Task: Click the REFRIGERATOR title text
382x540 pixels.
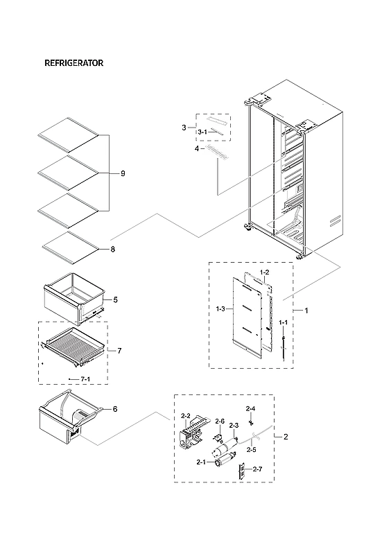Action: tap(73, 63)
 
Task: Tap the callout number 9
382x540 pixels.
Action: tap(123, 173)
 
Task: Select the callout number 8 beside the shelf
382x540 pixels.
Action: tap(112, 250)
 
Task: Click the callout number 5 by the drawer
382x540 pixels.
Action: tap(115, 299)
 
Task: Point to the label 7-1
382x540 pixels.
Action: tap(85, 379)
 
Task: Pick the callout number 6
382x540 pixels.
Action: tap(114, 409)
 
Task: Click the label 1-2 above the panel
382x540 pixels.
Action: tap(263, 272)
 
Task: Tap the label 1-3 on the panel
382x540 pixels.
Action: tap(221, 308)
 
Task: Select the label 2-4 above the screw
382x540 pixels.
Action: tap(250, 408)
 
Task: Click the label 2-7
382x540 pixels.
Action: tap(257, 470)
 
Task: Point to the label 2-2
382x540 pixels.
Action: tap(185, 416)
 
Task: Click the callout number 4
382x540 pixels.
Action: tap(196, 148)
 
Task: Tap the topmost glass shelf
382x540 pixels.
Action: tap(69, 133)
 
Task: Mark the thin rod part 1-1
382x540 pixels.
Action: tap(284, 347)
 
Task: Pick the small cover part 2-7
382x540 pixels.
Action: tap(243, 471)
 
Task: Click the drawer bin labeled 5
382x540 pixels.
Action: tap(73, 299)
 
